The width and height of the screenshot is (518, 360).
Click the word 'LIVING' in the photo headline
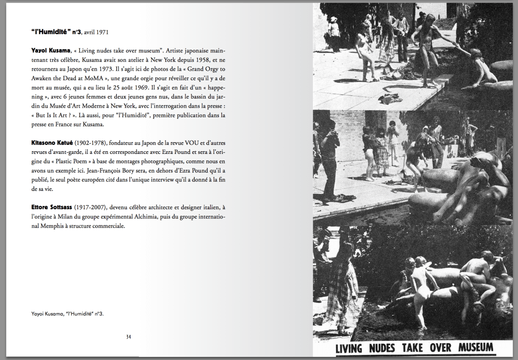348,348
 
